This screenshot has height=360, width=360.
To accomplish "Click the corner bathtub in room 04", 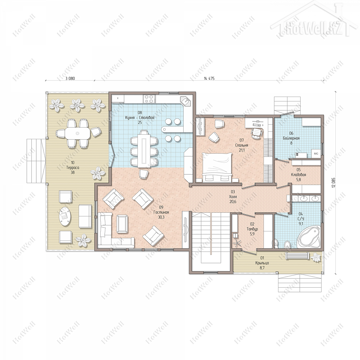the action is pyautogui.click(x=309, y=236).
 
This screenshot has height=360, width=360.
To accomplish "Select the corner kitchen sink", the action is pyautogui.click(x=186, y=101).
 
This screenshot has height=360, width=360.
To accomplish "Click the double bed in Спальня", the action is pyautogui.click(x=217, y=167).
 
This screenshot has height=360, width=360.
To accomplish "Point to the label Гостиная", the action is pyautogui.click(x=161, y=212).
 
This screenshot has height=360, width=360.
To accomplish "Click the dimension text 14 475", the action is pyautogui.click(x=209, y=79).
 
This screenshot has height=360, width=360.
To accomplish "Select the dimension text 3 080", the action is pyautogui.click(x=70, y=79).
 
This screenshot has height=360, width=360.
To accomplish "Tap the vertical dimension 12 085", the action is pyautogui.click(x=334, y=182).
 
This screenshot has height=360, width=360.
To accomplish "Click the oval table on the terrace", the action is pyautogui.click(x=65, y=217).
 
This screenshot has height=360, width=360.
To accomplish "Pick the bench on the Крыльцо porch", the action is pyautogui.click(x=297, y=256).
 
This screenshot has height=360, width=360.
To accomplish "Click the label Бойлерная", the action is pyautogui.click(x=291, y=138).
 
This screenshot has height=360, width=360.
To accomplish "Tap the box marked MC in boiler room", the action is pyautogui.click(x=316, y=154).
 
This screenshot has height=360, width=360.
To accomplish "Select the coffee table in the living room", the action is pyautogui.click(x=122, y=224).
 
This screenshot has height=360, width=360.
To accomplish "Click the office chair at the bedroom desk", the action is pyautogui.click(x=257, y=133).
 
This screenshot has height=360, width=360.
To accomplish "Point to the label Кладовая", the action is pyautogui.click(x=298, y=175).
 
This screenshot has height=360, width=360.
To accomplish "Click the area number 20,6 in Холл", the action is pyautogui.click(x=233, y=202).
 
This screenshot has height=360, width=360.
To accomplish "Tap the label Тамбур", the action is pyautogui.click(x=252, y=229).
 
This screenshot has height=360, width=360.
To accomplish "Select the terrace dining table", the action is pyautogui.click(x=77, y=133).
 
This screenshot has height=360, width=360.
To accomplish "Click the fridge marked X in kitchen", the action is pyautogui.click(x=118, y=98).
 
